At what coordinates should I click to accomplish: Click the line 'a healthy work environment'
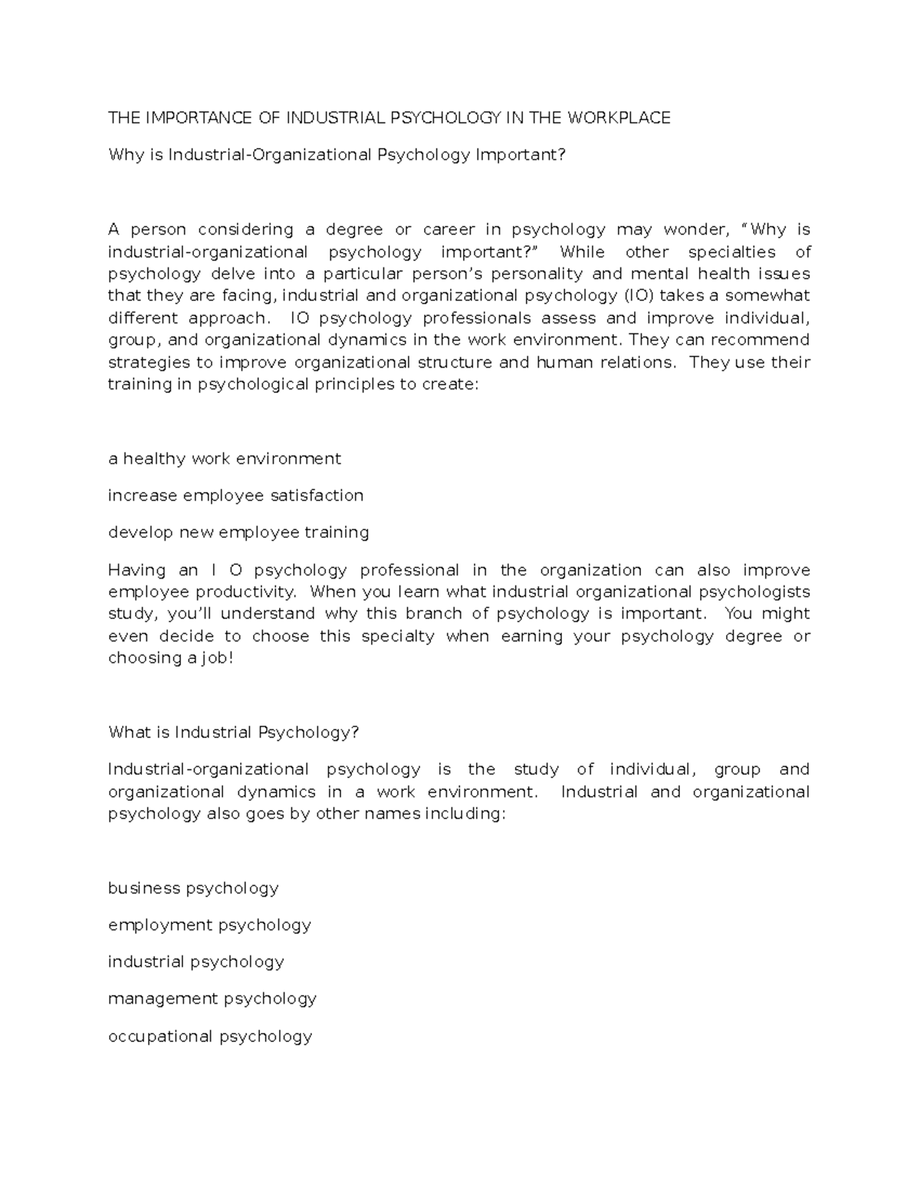[225, 459]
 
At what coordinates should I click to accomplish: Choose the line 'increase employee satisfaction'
[235, 496]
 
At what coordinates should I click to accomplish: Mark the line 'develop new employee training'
[238, 533]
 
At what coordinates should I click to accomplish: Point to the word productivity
[245, 592]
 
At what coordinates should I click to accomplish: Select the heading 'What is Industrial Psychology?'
[234, 733]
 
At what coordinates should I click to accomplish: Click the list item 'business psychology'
[193, 888]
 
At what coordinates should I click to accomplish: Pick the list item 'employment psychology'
[209, 925]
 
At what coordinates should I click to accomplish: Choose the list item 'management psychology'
[212, 998]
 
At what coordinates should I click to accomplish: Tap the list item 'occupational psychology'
[210, 1036]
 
